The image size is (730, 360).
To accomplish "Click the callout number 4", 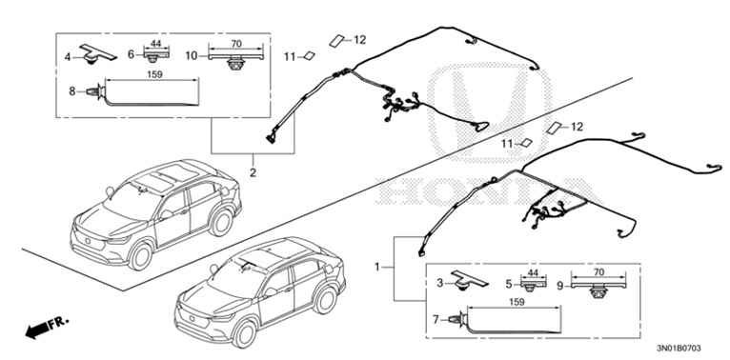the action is click(x=68, y=57).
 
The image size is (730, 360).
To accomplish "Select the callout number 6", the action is click(x=132, y=55).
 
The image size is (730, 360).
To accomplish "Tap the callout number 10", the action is click(x=192, y=56).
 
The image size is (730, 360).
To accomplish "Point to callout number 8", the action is click(x=72, y=91).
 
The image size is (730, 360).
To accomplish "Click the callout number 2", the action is click(x=253, y=172).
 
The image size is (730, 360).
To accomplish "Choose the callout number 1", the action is click(x=377, y=267).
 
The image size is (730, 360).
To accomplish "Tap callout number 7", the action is click(x=436, y=320).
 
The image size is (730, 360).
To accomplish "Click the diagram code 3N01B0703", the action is click(x=679, y=348).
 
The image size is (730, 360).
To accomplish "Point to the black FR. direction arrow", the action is click(x=46, y=327).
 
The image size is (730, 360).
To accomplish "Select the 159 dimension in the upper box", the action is click(x=154, y=74).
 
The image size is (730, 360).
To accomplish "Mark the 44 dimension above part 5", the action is click(x=532, y=271).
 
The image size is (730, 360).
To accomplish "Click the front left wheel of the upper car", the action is click(x=140, y=256).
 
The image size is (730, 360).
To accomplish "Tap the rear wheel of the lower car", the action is click(x=325, y=299).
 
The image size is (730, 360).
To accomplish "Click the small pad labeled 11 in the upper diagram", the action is click(x=308, y=56).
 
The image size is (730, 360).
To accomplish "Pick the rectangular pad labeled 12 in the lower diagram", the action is click(x=555, y=128).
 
